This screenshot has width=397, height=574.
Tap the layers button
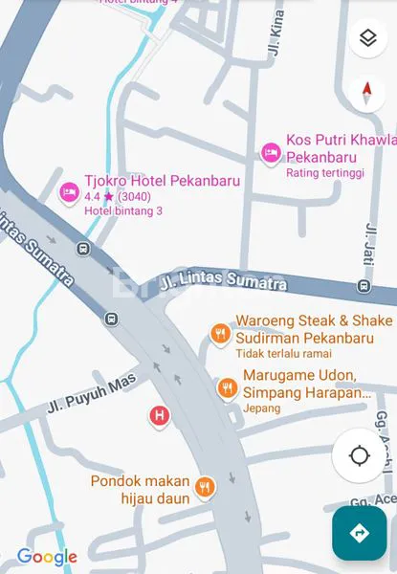pyautogui.click(x=367, y=38)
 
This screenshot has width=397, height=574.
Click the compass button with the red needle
pyautogui.click(x=367, y=92)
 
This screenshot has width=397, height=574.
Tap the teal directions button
pyautogui.click(x=360, y=533)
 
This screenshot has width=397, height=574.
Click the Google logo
pyautogui.click(x=47, y=557)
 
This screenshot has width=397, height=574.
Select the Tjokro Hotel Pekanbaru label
pyautogui.click(x=149, y=181)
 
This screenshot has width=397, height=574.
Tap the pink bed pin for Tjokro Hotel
pyautogui.click(x=68, y=192)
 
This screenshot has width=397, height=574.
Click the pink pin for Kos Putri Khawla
pyautogui.click(x=271, y=151)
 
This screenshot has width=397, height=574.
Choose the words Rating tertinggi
pyautogui.click(x=324, y=173)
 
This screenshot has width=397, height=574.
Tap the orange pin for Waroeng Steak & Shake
pyautogui.click(x=219, y=334)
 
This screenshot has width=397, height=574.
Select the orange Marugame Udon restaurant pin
pyautogui.click(x=227, y=387)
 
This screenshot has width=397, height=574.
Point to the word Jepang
pyautogui.click(x=262, y=408)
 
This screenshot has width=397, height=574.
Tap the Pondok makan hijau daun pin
pyautogui.click(x=204, y=488)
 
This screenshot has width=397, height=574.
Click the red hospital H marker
pyautogui.click(x=159, y=415)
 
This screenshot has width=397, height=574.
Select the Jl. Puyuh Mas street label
pyautogui.click(x=91, y=394)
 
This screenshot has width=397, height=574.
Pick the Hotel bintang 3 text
pyautogui.click(x=123, y=210)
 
